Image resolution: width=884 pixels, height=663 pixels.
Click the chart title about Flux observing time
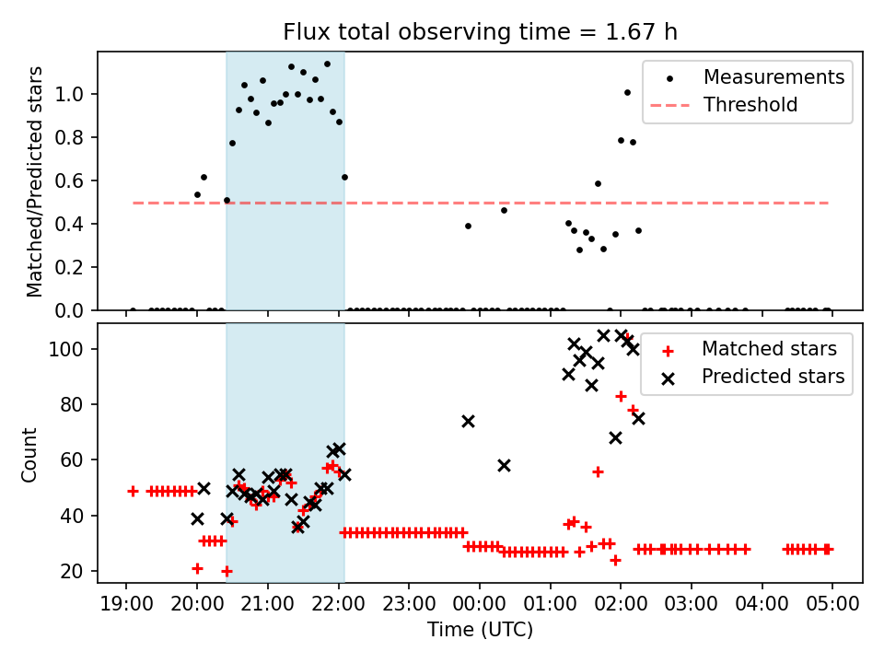coord(480,32)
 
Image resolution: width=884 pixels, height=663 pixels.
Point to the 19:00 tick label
coord(125,605)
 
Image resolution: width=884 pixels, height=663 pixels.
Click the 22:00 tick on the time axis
coord(338,605)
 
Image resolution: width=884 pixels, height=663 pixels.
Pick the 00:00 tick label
coord(480,605)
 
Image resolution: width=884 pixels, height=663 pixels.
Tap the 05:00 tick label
coord(832,605)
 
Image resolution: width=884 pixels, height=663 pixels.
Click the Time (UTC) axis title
coord(480,631)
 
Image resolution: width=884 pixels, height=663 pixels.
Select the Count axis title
coord(30,454)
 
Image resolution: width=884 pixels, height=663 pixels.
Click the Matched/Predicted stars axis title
coord(35,181)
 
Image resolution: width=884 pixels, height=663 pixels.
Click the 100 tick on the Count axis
coord(74,349)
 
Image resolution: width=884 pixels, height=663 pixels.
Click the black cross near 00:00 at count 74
coord(468,421)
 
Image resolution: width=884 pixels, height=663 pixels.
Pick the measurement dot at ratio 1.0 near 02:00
coord(627,92)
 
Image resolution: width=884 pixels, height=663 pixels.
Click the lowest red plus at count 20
coord(227,571)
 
